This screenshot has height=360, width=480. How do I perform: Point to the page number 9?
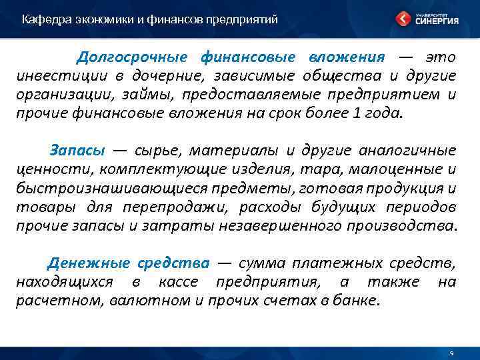(x=451, y=353)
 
